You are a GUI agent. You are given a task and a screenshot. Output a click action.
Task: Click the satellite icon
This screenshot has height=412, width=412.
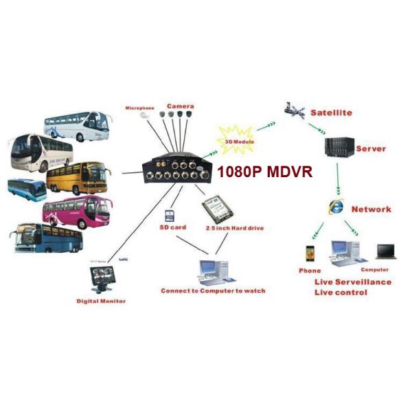coord(294,110)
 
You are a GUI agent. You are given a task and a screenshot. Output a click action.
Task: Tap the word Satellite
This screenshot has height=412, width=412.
coord(331,112)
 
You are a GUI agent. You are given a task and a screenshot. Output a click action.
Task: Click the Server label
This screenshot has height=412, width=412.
coord(371,148)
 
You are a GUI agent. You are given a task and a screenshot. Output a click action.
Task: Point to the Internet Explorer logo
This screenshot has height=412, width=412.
coord(337,206)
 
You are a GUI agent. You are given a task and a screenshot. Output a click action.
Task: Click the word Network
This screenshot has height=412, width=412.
coord(371,209)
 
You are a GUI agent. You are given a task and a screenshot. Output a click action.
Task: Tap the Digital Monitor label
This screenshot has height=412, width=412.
coord(101,301)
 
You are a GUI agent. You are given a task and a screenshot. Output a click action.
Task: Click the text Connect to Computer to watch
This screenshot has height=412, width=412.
coord(213,290)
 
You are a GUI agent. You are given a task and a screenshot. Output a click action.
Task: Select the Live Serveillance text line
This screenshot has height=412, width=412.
coord(353,282)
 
